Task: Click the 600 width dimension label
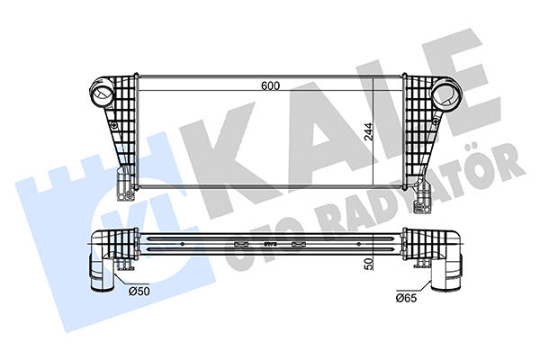270,85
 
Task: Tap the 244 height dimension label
368,132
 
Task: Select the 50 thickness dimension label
369,264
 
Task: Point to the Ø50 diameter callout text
139,291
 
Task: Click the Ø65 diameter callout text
407,298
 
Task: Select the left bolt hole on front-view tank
114,125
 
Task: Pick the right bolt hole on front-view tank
436,121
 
